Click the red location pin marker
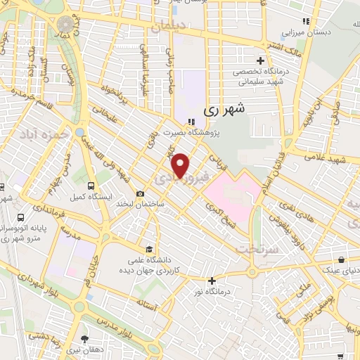point(181,165)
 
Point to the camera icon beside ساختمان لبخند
point(141,194)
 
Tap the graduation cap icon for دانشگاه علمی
point(148,249)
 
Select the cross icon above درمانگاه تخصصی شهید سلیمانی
point(260,60)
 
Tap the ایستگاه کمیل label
point(87,196)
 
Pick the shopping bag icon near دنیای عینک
point(341,258)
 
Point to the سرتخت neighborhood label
point(252,249)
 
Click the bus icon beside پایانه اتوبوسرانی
point(20,217)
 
